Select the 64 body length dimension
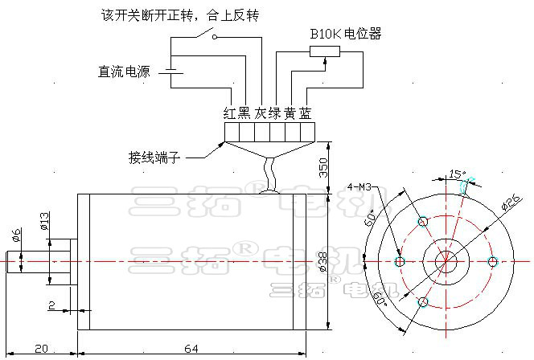tap(191, 349)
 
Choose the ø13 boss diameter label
tap(45, 221)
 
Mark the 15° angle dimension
tap(456, 174)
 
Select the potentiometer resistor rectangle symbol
tap(324, 52)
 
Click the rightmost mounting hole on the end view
tap(493, 260)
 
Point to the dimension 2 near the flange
tap(51, 306)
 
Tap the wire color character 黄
tap(290, 113)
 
